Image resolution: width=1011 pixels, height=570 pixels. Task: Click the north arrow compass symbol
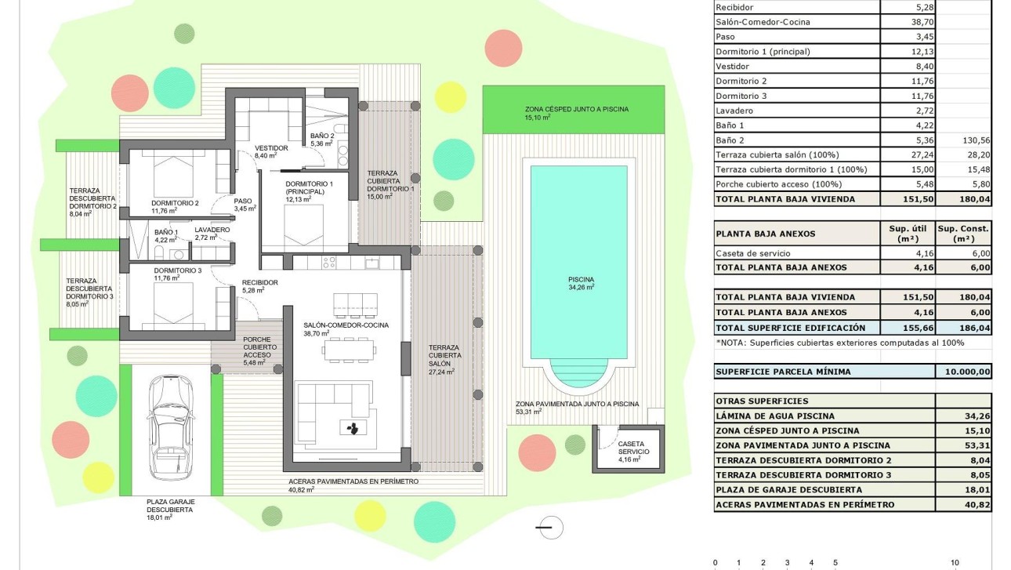click(x=552, y=528)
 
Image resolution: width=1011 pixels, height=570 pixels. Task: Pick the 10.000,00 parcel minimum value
click(x=963, y=372)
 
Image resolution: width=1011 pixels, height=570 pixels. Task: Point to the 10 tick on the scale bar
click(x=955, y=562)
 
